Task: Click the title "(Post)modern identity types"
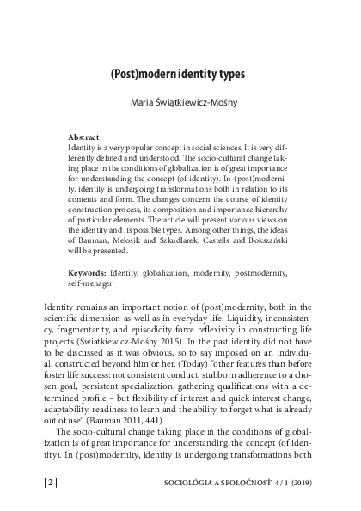180,76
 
